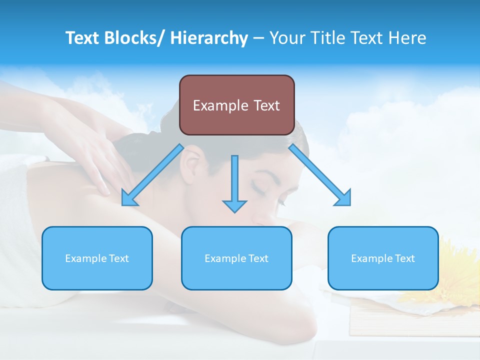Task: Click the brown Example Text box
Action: point(236,105)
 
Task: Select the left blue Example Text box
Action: point(97,258)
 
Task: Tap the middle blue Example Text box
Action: point(236,258)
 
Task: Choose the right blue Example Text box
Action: point(383,258)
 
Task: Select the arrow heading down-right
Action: point(320,175)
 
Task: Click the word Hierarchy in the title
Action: point(209,38)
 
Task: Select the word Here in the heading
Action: point(408,38)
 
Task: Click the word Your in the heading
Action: point(286,38)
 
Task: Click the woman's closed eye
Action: point(261,187)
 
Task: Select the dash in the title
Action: point(258,38)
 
